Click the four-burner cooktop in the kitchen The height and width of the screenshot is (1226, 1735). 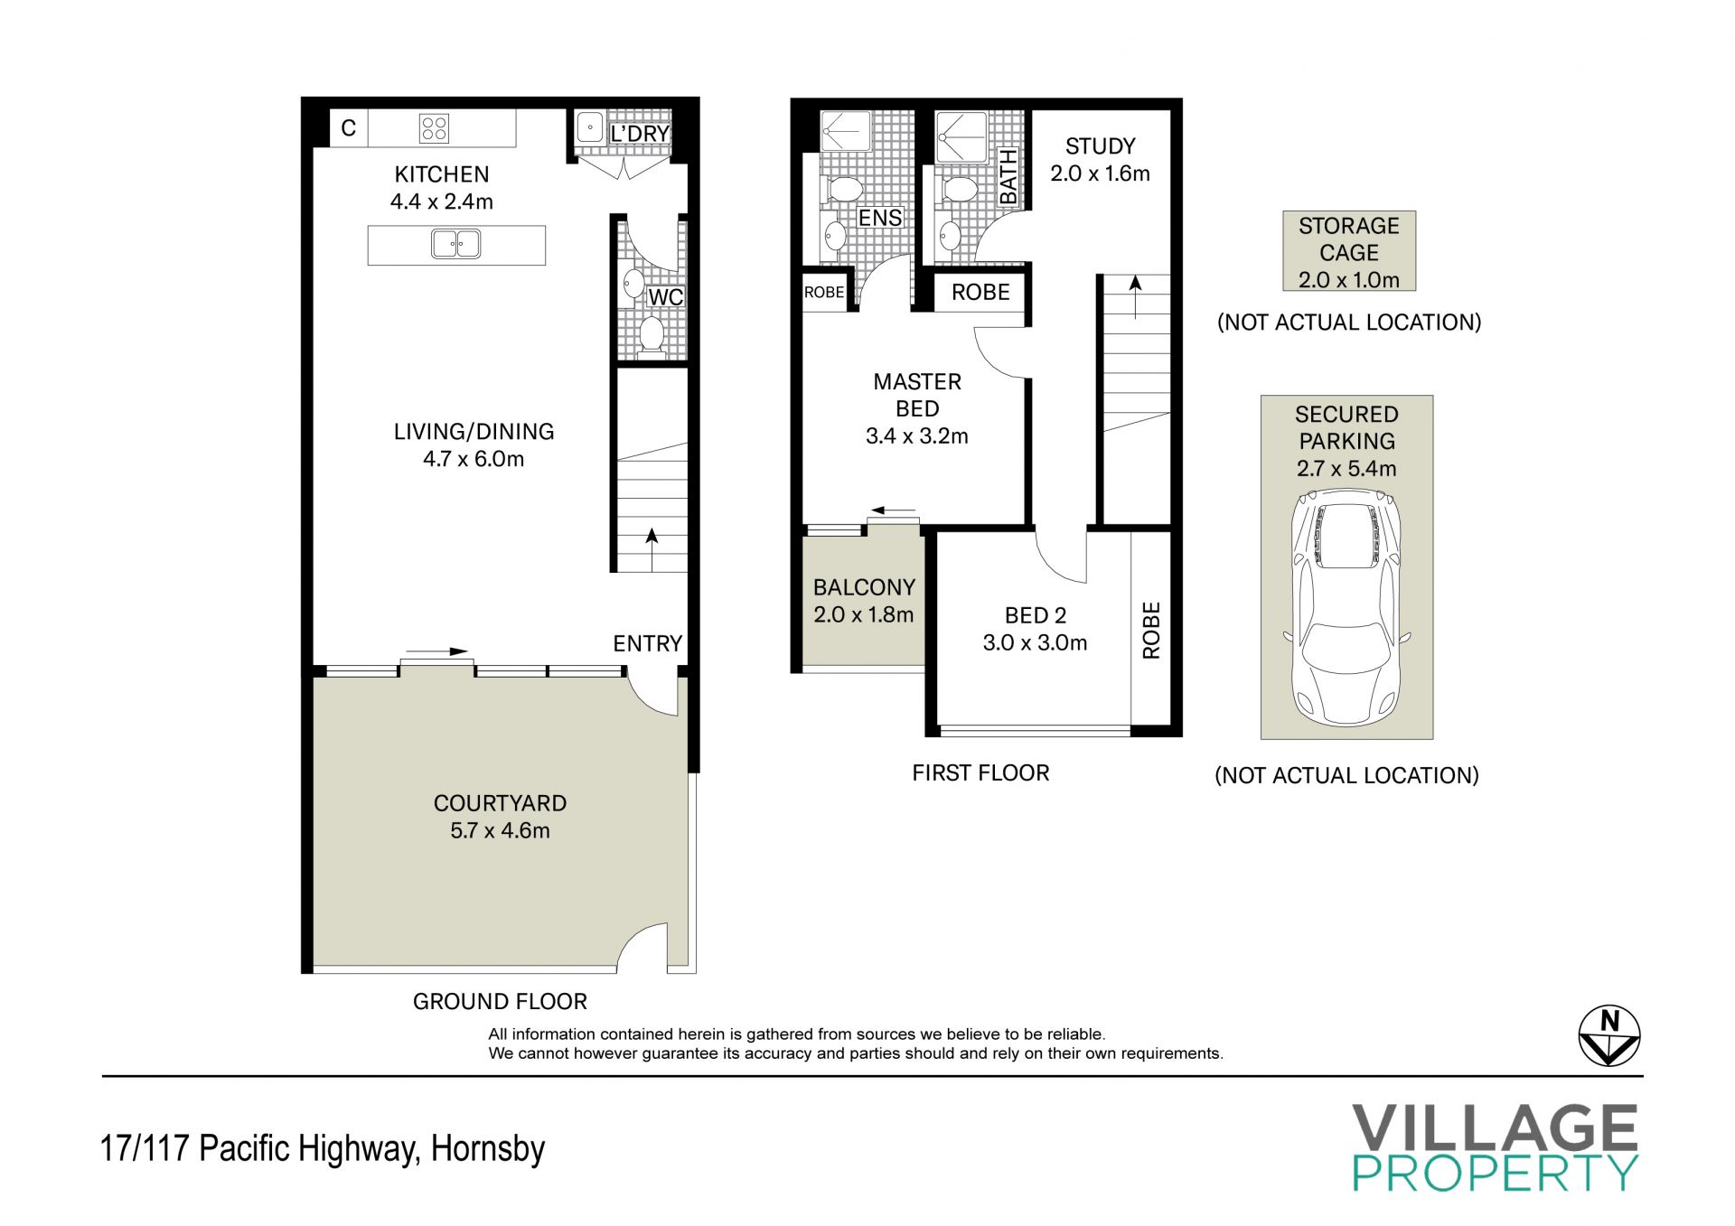(x=434, y=128)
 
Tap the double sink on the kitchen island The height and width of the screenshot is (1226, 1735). (x=456, y=244)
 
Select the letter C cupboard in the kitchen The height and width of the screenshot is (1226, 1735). (x=349, y=128)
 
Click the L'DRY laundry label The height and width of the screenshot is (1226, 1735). (x=639, y=134)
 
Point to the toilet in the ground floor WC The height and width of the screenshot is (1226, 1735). (x=651, y=334)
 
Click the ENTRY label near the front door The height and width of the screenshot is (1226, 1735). (x=647, y=643)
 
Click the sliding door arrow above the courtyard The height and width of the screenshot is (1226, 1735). (x=436, y=651)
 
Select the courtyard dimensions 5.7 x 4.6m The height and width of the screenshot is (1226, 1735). (x=500, y=831)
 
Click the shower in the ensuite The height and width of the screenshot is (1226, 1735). (x=846, y=131)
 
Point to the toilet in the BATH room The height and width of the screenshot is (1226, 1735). (x=958, y=191)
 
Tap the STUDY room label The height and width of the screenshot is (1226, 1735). (x=1100, y=146)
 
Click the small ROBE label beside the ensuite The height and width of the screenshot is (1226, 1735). (x=824, y=293)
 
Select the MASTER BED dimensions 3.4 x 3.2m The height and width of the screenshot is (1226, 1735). (x=917, y=436)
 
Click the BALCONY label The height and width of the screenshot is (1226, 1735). (x=864, y=587)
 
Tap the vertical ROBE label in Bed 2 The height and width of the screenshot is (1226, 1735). (x=1151, y=631)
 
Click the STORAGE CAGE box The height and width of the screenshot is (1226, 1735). (x=1349, y=251)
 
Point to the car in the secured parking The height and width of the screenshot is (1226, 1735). (x=1346, y=607)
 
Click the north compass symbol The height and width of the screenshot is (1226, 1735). (x=1609, y=1035)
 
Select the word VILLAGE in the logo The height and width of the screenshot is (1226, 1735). (x=1495, y=1128)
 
